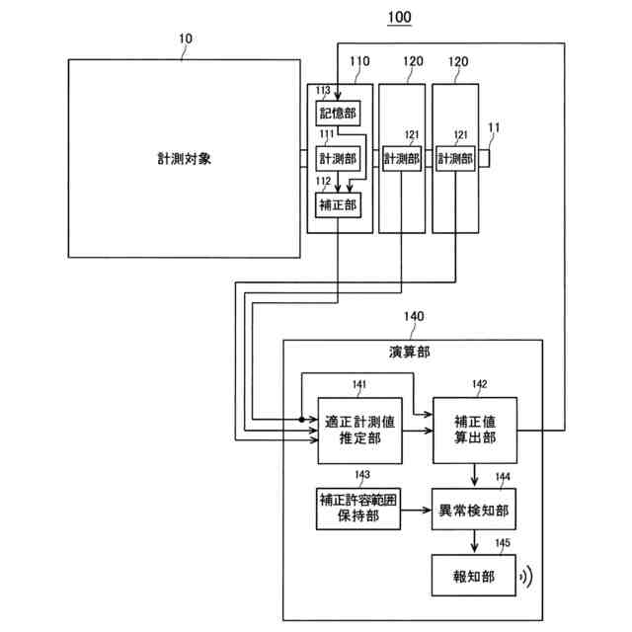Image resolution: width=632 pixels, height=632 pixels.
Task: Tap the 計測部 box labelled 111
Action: tap(337, 158)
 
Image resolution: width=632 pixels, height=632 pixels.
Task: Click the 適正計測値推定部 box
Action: tap(360, 431)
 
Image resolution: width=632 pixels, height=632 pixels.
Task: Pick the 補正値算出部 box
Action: tap(474, 431)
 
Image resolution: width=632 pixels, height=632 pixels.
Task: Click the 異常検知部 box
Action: tap(474, 512)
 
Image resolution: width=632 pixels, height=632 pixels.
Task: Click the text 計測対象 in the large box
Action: tap(184, 158)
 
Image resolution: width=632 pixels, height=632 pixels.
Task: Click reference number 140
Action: tap(412, 317)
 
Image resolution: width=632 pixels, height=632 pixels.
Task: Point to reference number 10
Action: tap(185, 39)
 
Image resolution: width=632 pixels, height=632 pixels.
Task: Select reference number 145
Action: tap(503, 542)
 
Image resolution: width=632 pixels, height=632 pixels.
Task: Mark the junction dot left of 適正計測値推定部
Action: tap(302, 420)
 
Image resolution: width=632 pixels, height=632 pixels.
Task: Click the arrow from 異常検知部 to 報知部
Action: tap(474, 543)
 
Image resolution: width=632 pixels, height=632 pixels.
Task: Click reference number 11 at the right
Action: tap(494, 127)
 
